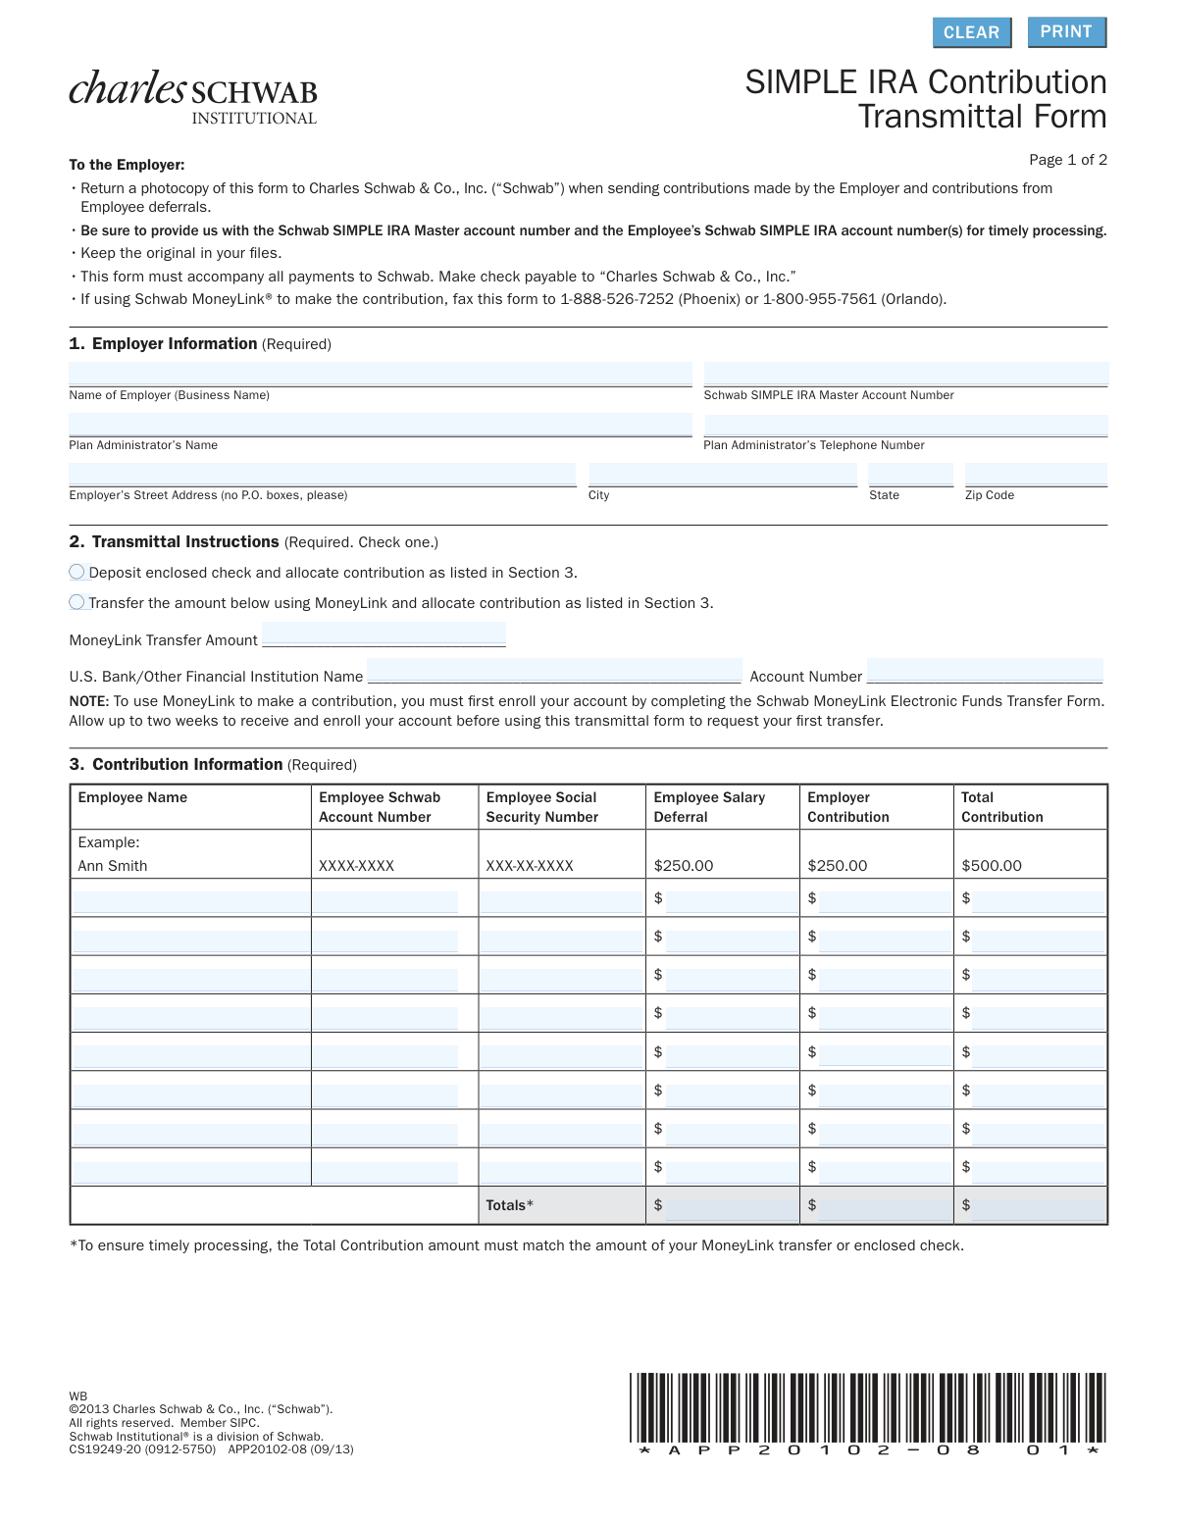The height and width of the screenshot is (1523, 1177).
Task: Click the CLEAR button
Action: tap(970, 32)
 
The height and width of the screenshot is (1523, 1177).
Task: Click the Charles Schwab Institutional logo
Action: tap(193, 97)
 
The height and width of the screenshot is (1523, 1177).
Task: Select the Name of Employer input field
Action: tap(380, 374)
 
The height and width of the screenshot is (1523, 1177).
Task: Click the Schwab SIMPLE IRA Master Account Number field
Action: tap(905, 374)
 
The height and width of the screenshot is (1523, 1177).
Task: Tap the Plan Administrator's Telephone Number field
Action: tap(905, 425)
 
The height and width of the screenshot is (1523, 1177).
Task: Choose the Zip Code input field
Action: tap(1036, 475)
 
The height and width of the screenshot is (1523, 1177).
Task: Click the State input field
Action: tap(910, 475)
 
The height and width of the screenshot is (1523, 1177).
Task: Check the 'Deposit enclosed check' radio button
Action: tap(77, 572)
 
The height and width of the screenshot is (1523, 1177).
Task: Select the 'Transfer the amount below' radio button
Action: tap(77, 602)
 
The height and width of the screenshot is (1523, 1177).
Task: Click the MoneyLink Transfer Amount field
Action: tap(384, 635)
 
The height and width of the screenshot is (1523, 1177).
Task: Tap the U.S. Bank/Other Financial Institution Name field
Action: tap(554, 671)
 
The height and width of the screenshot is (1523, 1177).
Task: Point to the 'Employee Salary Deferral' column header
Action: tap(709, 807)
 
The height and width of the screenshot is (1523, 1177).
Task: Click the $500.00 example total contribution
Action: tap(992, 866)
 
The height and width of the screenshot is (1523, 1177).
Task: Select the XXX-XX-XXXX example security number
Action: tap(530, 866)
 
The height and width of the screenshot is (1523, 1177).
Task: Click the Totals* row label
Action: tap(510, 1205)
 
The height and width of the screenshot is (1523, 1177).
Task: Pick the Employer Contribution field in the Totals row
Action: tap(884, 1205)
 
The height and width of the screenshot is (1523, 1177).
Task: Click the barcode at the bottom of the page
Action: tap(868, 1412)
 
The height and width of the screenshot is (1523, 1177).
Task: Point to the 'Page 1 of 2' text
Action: tap(1067, 160)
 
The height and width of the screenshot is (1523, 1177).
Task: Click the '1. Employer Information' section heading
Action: tap(163, 343)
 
